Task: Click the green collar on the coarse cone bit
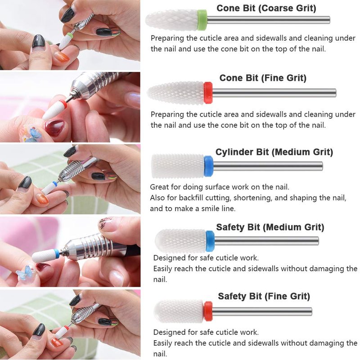pos(202,20)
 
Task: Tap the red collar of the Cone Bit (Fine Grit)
pos(208,93)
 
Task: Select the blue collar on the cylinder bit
pos(208,166)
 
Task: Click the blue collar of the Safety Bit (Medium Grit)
pos(210,241)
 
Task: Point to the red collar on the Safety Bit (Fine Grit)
pos(208,311)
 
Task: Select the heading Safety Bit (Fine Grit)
pos(264,296)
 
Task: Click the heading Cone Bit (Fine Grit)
pos(263,78)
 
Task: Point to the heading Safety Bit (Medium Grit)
pos(270,227)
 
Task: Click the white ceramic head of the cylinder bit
pos(178,166)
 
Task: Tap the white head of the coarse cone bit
pos(172,20)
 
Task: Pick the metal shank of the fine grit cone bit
pos(274,93)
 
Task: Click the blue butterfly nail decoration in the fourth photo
pos(25,273)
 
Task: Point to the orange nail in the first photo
pos(62,57)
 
